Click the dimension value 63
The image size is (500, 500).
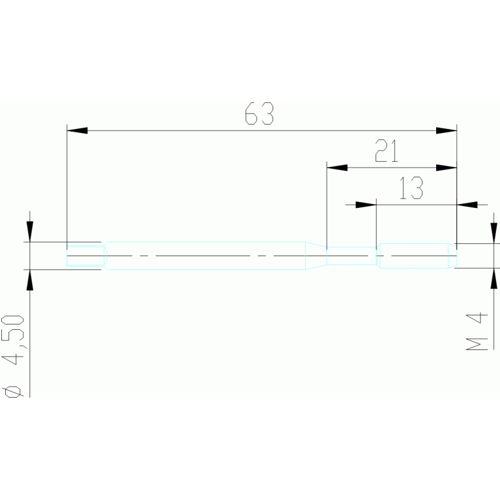[259, 115]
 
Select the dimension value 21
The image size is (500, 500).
[387, 152]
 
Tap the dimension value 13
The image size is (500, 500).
[411, 189]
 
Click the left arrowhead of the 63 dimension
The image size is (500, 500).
[77, 131]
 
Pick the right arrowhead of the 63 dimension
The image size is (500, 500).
[447, 131]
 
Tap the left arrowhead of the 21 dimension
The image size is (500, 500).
[336, 168]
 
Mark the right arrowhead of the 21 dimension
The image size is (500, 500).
[447, 168]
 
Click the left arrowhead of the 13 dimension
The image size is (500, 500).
[367, 205]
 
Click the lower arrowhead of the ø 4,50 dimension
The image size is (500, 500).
[29, 278]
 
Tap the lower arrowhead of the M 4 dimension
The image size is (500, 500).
[493, 276]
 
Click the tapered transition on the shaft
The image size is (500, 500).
[316, 255]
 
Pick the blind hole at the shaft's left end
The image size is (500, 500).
[86, 255]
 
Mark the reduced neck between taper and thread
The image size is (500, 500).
[351, 255]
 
